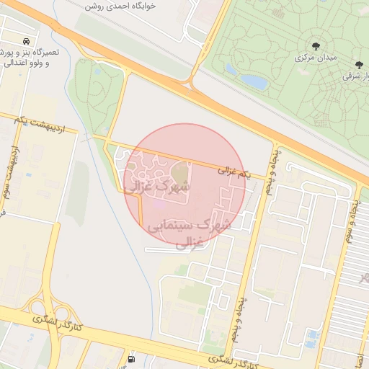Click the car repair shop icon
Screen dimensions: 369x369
coord(27,41)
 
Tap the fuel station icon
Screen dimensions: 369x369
coord(130,358)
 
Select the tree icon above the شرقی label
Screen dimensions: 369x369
coord(359,64)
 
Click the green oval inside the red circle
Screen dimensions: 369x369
coord(179,173)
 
